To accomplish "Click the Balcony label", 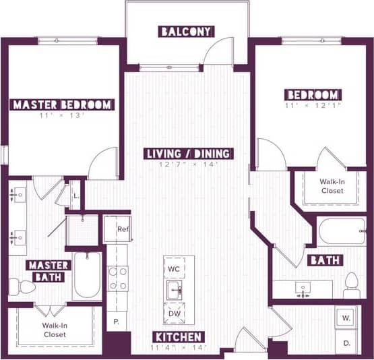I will click(x=187, y=32).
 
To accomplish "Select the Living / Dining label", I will click(x=189, y=154).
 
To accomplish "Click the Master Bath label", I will click(x=49, y=270).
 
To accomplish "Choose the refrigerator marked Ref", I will click(x=118, y=229).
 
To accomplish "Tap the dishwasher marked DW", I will click(x=175, y=314).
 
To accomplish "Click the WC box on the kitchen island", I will click(x=175, y=268).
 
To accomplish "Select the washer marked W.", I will click(x=346, y=317).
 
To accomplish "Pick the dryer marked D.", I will click(x=346, y=342).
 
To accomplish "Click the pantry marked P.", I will click(x=117, y=321).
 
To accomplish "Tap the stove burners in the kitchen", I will click(x=118, y=278).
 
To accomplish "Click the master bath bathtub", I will click(x=87, y=275).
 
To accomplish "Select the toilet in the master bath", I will click(x=26, y=287).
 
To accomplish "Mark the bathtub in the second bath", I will click(x=341, y=231).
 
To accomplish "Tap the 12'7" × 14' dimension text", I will click(x=189, y=164).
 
